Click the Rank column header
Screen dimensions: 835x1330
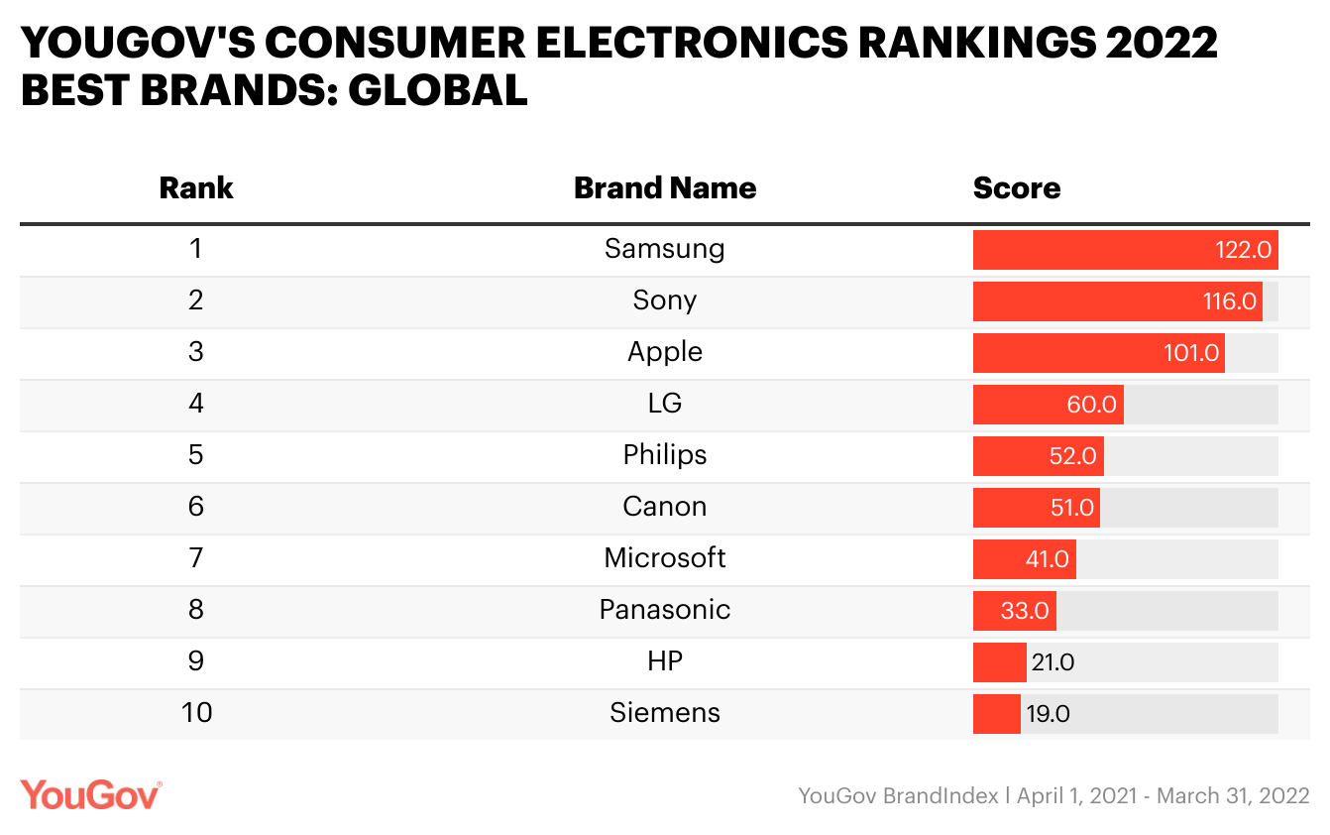pos(196,188)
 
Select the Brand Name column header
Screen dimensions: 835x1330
pos(665,188)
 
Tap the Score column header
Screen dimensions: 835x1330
pos(1017,188)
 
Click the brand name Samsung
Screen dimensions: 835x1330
pos(665,248)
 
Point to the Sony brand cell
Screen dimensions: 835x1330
pos(665,299)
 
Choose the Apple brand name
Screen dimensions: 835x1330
pos(665,351)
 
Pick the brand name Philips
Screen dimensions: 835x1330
pos(665,454)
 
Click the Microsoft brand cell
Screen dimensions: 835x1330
pos(665,557)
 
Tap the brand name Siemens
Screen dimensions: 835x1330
pos(665,712)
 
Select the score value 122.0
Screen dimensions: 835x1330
pos(1243,250)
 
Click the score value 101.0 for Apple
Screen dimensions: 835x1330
pos(1190,353)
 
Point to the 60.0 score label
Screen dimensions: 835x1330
pos(1091,405)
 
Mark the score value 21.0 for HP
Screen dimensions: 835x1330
pos(1053,662)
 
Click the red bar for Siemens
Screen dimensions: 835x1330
pos(996,714)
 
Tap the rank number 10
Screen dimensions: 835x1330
pos(196,712)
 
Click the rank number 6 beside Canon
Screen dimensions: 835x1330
pos(196,506)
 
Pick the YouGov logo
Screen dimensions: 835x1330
pos(90,795)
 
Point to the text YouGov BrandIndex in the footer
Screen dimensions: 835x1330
pos(898,795)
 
